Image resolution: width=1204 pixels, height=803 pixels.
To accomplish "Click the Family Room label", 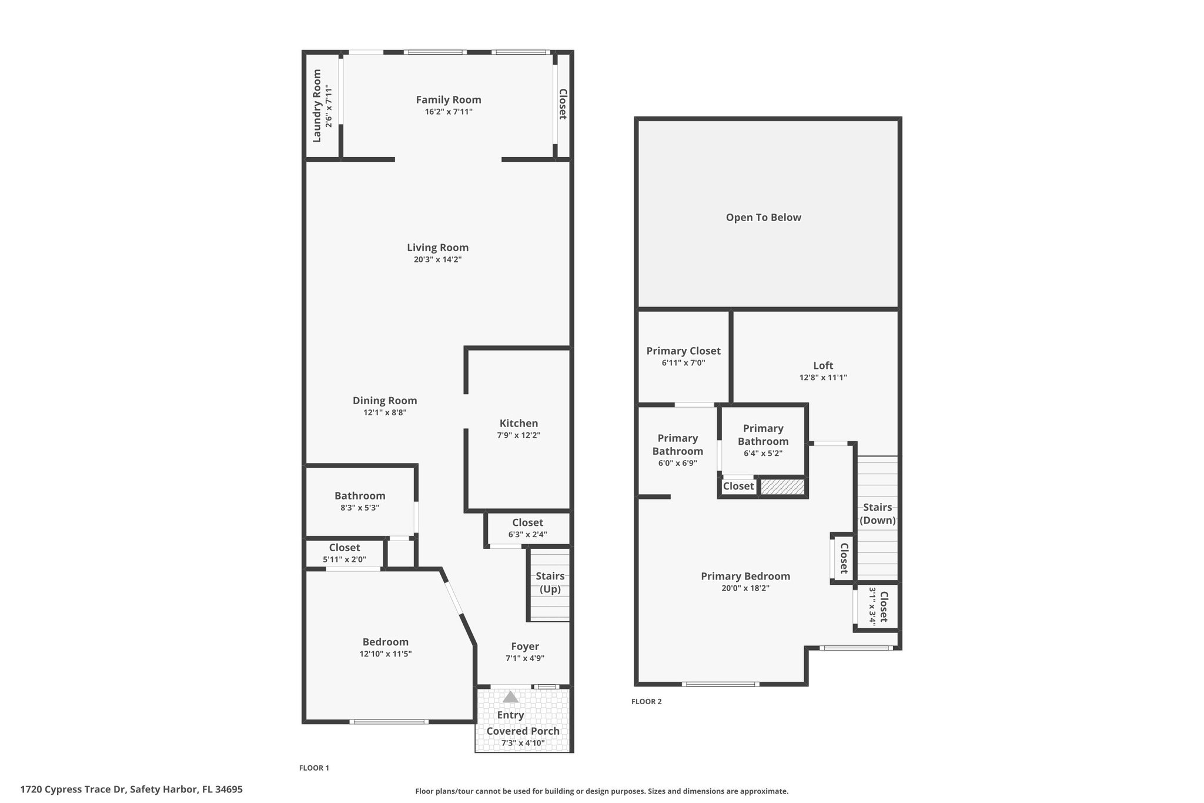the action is coord(449,100).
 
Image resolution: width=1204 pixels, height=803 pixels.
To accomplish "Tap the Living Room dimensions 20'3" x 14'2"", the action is coord(437,259).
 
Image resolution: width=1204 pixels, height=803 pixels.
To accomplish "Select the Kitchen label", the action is coord(519,424).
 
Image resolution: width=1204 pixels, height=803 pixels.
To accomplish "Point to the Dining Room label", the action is coord(384,401).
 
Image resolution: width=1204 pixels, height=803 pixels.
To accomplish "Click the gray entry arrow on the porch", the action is coord(510,697).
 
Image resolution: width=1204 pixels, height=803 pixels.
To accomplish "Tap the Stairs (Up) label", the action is coord(550,582).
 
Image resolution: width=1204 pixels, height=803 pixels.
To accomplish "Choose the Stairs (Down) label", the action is coord(878,514).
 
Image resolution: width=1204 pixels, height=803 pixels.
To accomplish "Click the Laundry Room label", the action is coord(317,106).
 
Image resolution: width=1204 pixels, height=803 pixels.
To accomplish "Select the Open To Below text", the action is coord(763,218).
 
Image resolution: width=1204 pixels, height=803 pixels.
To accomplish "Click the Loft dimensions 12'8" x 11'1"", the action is coord(823,378).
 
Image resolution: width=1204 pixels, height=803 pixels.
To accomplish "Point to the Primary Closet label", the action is coord(683,351).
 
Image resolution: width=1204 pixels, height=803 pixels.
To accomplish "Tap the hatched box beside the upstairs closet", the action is coord(782,487).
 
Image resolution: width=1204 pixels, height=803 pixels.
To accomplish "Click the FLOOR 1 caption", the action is coord(314,768).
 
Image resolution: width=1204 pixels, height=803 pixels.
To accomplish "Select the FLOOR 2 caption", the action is coord(646,701).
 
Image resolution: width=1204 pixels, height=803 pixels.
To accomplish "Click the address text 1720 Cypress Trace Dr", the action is coord(73,789).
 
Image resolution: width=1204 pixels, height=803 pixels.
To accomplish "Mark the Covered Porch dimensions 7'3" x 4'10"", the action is coord(523,743).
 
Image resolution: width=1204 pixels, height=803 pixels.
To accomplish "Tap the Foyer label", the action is coord(525,647).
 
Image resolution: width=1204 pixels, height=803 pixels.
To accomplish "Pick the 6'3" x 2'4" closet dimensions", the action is coord(527,535).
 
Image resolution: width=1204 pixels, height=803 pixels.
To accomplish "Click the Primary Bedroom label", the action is coord(745,577).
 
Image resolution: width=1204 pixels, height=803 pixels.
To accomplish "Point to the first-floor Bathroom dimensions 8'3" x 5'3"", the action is coord(360,508).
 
